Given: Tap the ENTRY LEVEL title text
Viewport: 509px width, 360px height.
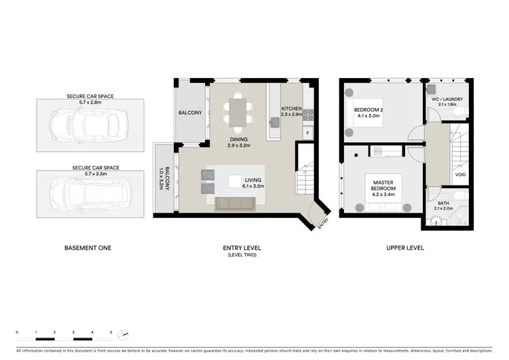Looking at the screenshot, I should pyautogui.click(x=242, y=248).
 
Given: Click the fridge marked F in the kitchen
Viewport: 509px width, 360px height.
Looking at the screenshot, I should pyautogui.click(x=307, y=133).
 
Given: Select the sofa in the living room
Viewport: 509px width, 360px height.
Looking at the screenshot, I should pyautogui.click(x=235, y=204).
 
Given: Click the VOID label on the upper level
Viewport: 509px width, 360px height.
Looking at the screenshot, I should pyautogui.click(x=460, y=175).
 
